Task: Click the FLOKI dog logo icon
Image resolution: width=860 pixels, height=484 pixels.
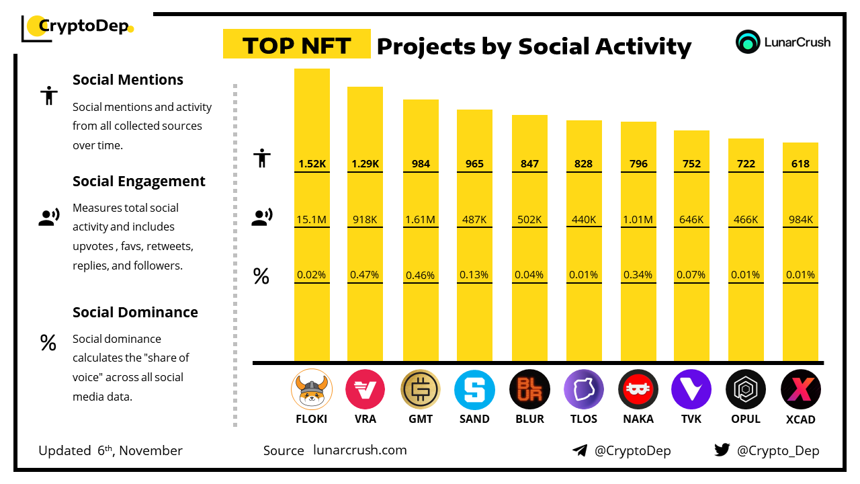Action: click(311, 389)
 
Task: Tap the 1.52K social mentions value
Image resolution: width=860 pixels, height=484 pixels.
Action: click(312, 163)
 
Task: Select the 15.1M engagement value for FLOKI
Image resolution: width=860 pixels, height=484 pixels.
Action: click(312, 219)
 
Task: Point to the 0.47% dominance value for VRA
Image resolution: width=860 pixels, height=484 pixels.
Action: click(365, 274)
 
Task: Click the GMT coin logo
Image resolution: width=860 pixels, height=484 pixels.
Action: click(420, 389)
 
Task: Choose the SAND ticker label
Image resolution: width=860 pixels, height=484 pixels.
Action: click(474, 419)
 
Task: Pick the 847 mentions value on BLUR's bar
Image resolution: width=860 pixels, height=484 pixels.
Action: click(529, 163)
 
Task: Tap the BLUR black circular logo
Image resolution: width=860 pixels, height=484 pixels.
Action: click(529, 389)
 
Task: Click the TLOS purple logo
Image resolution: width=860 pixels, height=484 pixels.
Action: click(584, 389)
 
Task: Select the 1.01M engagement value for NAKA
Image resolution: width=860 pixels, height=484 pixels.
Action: click(638, 219)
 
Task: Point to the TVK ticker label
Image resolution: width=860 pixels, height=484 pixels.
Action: click(691, 419)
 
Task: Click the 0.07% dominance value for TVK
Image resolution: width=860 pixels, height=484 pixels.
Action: click(691, 274)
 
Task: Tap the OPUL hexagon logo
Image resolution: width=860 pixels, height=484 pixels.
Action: click(746, 389)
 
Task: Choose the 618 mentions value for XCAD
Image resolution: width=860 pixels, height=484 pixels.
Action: click(800, 163)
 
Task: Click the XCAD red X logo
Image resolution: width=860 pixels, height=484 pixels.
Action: click(800, 389)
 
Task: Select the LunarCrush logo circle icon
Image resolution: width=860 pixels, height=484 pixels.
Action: click(748, 42)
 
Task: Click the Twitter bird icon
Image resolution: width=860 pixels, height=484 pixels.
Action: click(722, 450)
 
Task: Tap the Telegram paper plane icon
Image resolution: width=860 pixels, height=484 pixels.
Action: click(580, 450)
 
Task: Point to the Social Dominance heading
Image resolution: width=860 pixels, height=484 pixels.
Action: click(135, 312)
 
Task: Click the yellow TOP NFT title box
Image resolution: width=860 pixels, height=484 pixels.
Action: click(296, 44)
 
